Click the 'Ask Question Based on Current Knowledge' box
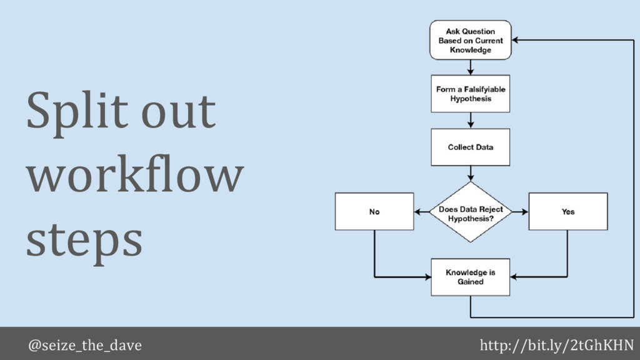point(470,40)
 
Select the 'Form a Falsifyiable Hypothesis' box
point(470,94)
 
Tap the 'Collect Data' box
point(470,147)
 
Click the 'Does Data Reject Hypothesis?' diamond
point(470,211)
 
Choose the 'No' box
point(374,212)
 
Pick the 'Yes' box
point(567,212)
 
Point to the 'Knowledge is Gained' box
point(470,277)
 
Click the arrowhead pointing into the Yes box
point(524,212)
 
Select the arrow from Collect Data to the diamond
point(470,174)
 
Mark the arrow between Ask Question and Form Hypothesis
point(470,67)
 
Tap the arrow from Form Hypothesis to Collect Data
point(470,121)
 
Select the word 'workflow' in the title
point(134,176)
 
